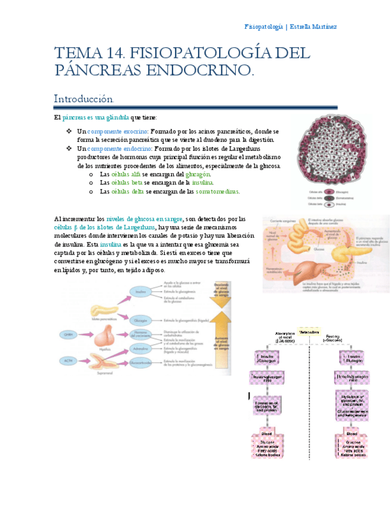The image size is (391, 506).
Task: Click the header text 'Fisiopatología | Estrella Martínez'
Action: [x=291, y=26]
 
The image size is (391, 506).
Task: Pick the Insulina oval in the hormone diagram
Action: [x=140, y=292]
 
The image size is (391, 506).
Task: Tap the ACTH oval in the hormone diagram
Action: [x=68, y=361]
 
